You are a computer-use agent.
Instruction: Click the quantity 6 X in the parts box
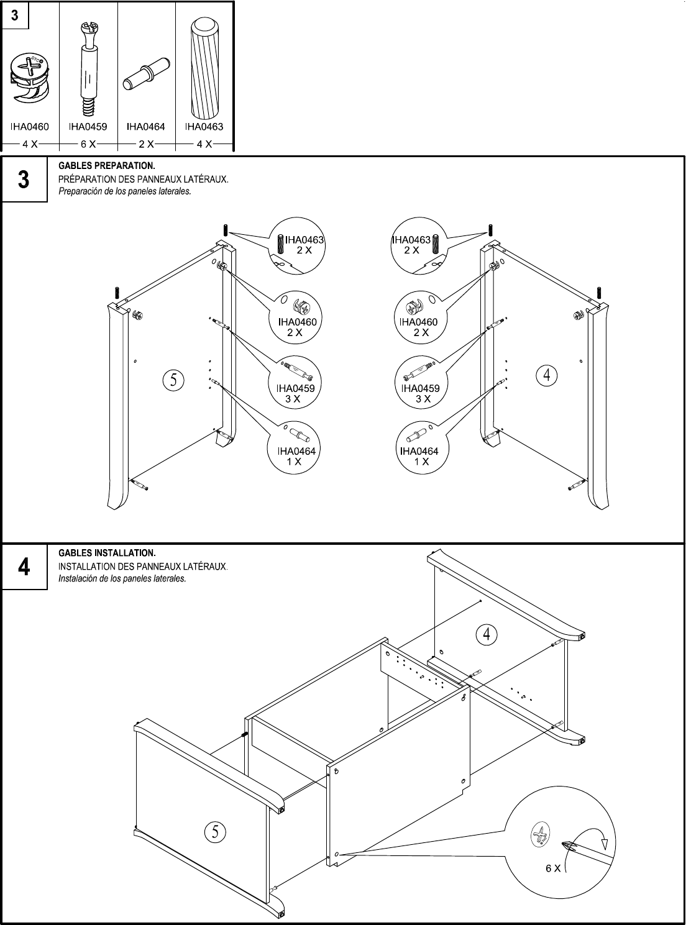coord(88,144)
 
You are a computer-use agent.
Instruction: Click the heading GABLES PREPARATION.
coord(106,166)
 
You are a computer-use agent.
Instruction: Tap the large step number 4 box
coord(24,567)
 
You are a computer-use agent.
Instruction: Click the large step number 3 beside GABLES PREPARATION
coord(24,180)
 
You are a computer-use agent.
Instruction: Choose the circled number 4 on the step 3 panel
coord(547,375)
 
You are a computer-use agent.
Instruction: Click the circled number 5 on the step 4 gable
coord(215,831)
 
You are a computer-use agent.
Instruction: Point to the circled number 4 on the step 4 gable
coord(487,634)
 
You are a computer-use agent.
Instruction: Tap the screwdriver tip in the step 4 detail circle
coord(567,845)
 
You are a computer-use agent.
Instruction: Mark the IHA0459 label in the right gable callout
coord(420,388)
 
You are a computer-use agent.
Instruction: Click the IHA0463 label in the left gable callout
coord(304,240)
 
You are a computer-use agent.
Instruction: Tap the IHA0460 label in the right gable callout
coord(418,322)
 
